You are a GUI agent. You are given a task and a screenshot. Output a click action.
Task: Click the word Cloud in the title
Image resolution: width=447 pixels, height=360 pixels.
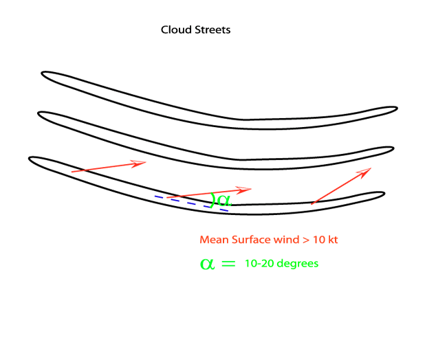point(174,30)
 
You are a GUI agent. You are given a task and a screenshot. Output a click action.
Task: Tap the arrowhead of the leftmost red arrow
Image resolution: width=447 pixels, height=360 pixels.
point(139,164)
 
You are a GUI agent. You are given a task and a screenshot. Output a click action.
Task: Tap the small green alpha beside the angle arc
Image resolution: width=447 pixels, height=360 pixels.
point(224,201)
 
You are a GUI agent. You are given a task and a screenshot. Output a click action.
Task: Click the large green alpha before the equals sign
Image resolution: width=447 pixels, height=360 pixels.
point(208,263)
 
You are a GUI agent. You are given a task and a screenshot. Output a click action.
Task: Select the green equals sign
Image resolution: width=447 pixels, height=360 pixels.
point(229,263)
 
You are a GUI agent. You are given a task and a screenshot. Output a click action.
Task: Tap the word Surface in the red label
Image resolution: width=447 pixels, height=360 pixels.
point(246,240)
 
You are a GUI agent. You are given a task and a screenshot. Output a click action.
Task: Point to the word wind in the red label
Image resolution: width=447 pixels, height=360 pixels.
point(282,240)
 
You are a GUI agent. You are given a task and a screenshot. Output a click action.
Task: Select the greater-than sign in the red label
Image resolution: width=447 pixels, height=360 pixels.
point(303,240)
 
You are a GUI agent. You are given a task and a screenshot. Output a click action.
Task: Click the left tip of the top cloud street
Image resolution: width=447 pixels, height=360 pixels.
point(43,74)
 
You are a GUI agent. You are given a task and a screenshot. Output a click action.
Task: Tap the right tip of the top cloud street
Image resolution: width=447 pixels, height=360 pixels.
point(395,109)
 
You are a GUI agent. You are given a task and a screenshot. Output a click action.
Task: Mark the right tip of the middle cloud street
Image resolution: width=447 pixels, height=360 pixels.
point(392,148)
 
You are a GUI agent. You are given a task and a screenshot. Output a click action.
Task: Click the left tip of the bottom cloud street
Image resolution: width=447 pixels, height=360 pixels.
point(31,160)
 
